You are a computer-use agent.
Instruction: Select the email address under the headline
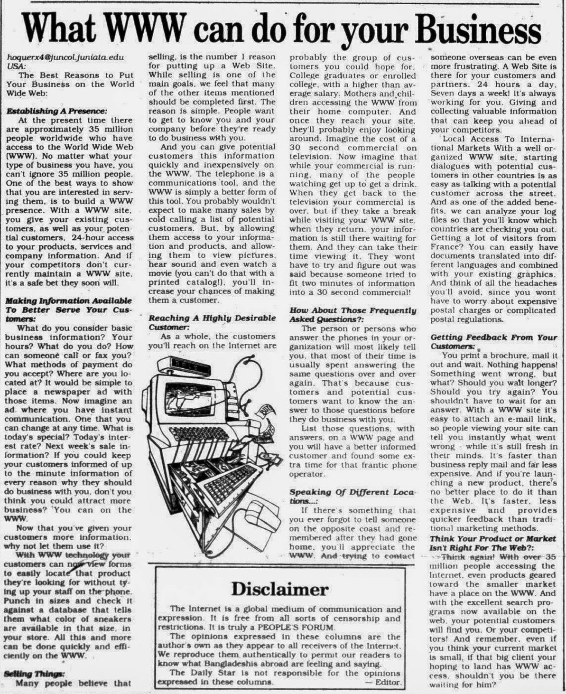(65, 57)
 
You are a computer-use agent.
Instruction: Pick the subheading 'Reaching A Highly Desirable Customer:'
(212, 322)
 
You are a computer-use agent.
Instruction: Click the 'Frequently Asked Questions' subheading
(353, 315)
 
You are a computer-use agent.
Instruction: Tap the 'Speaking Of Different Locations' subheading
(352, 496)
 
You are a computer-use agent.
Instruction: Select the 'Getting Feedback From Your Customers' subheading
(493, 342)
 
